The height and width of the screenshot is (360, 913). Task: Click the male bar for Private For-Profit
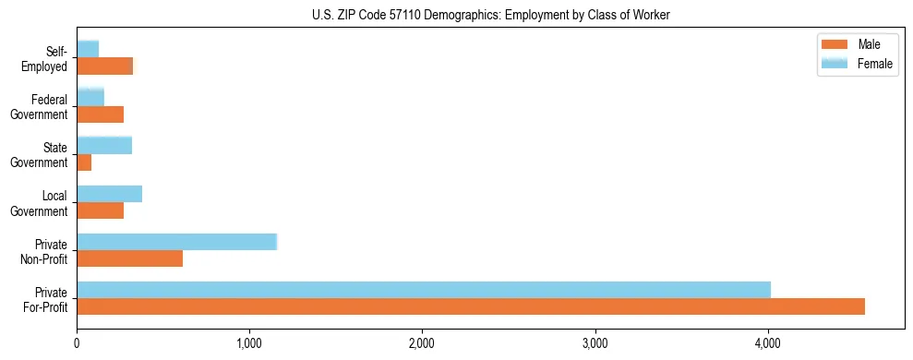click(x=471, y=306)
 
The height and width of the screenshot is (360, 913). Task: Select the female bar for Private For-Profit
click(x=424, y=290)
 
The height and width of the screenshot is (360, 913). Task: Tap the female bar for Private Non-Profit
click(x=176, y=242)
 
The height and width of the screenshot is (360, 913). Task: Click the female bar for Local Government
click(x=109, y=194)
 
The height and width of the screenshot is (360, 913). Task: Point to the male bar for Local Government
click(x=100, y=210)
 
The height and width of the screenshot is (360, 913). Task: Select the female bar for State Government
click(x=104, y=145)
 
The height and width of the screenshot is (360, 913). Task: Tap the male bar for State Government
click(x=84, y=162)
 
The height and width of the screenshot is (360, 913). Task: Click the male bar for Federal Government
click(x=100, y=114)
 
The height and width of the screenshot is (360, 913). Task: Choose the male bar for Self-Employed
click(x=104, y=66)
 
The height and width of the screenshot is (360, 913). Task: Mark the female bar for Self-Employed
click(x=88, y=49)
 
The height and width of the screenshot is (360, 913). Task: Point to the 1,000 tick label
click(x=249, y=344)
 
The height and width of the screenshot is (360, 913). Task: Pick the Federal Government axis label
click(x=40, y=107)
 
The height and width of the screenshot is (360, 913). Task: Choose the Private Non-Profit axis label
click(x=45, y=251)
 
